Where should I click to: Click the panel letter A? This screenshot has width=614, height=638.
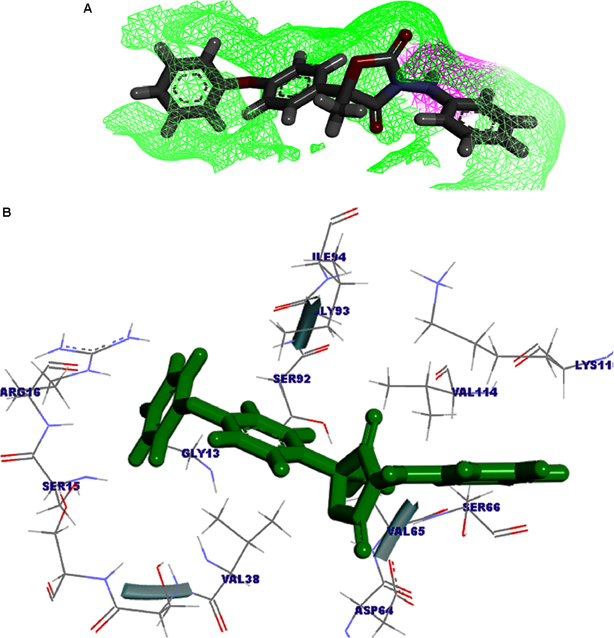click(x=88, y=9)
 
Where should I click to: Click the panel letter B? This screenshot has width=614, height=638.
click(x=7, y=212)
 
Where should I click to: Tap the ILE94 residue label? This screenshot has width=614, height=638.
click(x=329, y=257)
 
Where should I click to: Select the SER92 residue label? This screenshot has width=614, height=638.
click(x=292, y=379)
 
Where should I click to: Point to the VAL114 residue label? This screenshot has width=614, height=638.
click(x=475, y=392)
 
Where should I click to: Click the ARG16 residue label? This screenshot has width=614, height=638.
click(x=20, y=392)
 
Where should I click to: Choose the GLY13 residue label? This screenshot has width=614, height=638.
click(x=201, y=453)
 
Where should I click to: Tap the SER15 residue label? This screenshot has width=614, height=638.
click(x=61, y=486)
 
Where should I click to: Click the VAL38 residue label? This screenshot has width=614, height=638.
click(x=240, y=579)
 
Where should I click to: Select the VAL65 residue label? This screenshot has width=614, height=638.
click(x=406, y=531)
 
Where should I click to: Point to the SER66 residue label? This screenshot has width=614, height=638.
click(x=481, y=507)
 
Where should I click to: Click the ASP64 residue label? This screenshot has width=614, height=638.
click(x=374, y=611)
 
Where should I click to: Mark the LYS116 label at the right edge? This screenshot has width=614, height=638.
click(x=594, y=365)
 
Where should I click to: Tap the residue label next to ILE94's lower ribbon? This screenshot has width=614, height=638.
click(x=334, y=311)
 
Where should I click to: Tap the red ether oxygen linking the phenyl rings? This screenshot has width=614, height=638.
click(x=246, y=81)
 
